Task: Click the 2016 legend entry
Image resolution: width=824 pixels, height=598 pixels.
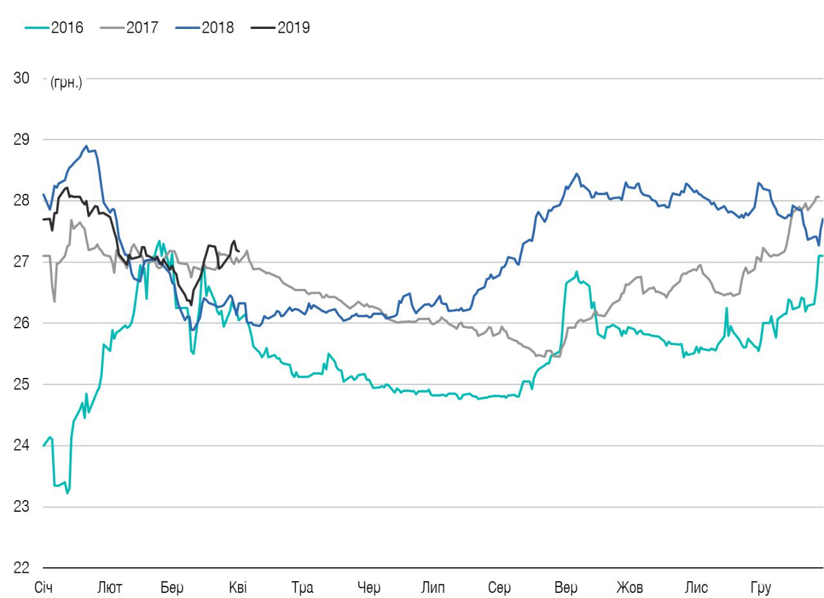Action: click(x=54, y=28)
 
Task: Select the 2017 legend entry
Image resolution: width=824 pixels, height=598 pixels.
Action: click(x=129, y=28)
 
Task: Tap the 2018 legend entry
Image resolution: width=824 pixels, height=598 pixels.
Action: click(x=204, y=28)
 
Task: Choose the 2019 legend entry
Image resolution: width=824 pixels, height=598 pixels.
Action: click(x=280, y=28)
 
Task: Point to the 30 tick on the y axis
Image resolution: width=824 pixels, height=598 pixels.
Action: click(x=21, y=78)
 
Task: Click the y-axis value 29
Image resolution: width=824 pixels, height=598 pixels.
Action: click(x=21, y=140)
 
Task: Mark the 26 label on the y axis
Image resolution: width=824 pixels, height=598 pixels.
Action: click(x=21, y=323)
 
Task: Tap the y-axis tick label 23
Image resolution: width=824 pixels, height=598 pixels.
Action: click(x=21, y=507)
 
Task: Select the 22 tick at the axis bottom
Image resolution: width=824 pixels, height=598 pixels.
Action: click(x=21, y=568)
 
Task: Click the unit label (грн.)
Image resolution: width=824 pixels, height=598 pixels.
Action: click(x=66, y=82)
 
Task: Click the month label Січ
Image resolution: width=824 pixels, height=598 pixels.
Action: click(x=44, y=588)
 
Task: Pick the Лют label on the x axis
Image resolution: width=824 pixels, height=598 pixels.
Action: click(x=110, y=588)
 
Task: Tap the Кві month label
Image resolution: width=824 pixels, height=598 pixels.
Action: click(x=238, y=588)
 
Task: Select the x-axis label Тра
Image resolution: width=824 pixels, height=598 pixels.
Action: click(x=302, y=588)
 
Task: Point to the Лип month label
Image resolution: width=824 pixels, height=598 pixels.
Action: click(x=432, y=588)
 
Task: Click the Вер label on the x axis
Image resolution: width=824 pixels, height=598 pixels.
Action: click(x=566, y=588)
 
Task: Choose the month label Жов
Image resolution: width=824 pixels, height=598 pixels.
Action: click(x=630, y=588)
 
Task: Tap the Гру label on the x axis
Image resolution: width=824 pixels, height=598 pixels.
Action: click(x=760, y=588)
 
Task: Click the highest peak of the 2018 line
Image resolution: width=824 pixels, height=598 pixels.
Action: click(x=86, y=146)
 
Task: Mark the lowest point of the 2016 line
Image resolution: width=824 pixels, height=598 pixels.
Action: click(x=67, y=493)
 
